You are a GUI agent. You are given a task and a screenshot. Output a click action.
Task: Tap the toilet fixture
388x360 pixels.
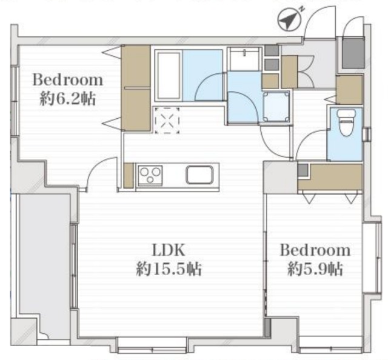pos(346,122)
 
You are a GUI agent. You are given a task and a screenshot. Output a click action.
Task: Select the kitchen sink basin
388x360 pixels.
pos(200,175)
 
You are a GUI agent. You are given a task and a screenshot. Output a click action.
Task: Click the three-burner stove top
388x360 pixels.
pos(150,175)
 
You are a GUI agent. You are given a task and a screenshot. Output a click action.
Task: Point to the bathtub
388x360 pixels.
pos(169,76)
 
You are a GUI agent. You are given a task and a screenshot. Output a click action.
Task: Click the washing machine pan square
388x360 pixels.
pos(276,107)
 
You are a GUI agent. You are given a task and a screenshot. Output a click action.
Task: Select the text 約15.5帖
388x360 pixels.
pos(169,268)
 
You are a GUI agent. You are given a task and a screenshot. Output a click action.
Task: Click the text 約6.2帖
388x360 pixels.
pos(67,99)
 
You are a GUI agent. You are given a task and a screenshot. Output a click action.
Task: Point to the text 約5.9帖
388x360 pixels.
pos(315,268)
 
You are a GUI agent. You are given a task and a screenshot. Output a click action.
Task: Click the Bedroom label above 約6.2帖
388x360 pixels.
pos(67,80)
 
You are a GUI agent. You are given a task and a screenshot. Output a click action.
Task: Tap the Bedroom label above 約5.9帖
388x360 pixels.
pos(315,250)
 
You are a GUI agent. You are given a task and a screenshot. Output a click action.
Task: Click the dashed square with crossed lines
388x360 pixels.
pos(167,121)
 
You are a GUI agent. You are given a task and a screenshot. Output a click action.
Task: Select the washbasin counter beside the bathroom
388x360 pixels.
pos(244,58)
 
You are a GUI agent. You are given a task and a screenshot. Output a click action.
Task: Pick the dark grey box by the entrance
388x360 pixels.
pos(353,53)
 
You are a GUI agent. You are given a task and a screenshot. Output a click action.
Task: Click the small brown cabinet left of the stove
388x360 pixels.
pos(129,175)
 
